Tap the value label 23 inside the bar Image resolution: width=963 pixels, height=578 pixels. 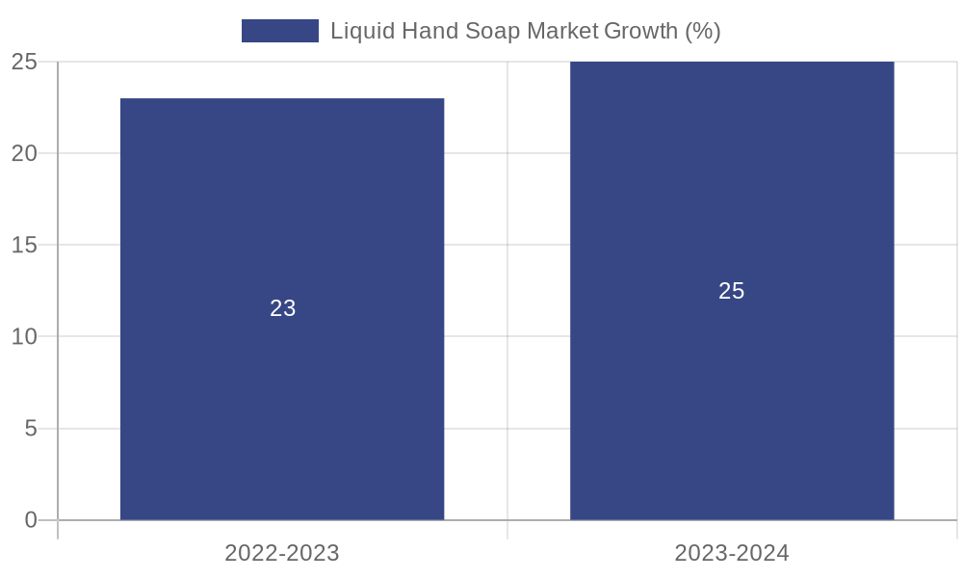pos(282,308)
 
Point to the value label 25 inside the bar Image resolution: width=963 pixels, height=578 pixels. pos(732,291)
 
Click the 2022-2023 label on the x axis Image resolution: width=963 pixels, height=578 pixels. pos(282,553)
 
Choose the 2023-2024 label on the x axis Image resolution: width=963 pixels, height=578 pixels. pos(732,553)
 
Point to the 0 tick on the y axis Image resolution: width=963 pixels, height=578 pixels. pos(30,520)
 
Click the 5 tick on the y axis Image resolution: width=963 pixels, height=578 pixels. pos(30,429)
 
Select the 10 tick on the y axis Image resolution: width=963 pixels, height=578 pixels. pos(24,337)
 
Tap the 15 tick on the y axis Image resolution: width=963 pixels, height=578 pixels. pos(24,246)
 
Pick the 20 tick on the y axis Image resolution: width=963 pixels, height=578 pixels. pos(24,153)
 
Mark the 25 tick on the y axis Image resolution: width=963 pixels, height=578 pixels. pos(24,62)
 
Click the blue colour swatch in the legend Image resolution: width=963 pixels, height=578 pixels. pos(279,31)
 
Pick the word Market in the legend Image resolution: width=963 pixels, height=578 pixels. pos(560,31)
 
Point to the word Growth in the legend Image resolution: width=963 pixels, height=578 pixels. pos(640,31)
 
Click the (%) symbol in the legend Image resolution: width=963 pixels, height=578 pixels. pos(703,31)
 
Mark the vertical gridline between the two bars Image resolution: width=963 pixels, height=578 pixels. pos(508,289)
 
